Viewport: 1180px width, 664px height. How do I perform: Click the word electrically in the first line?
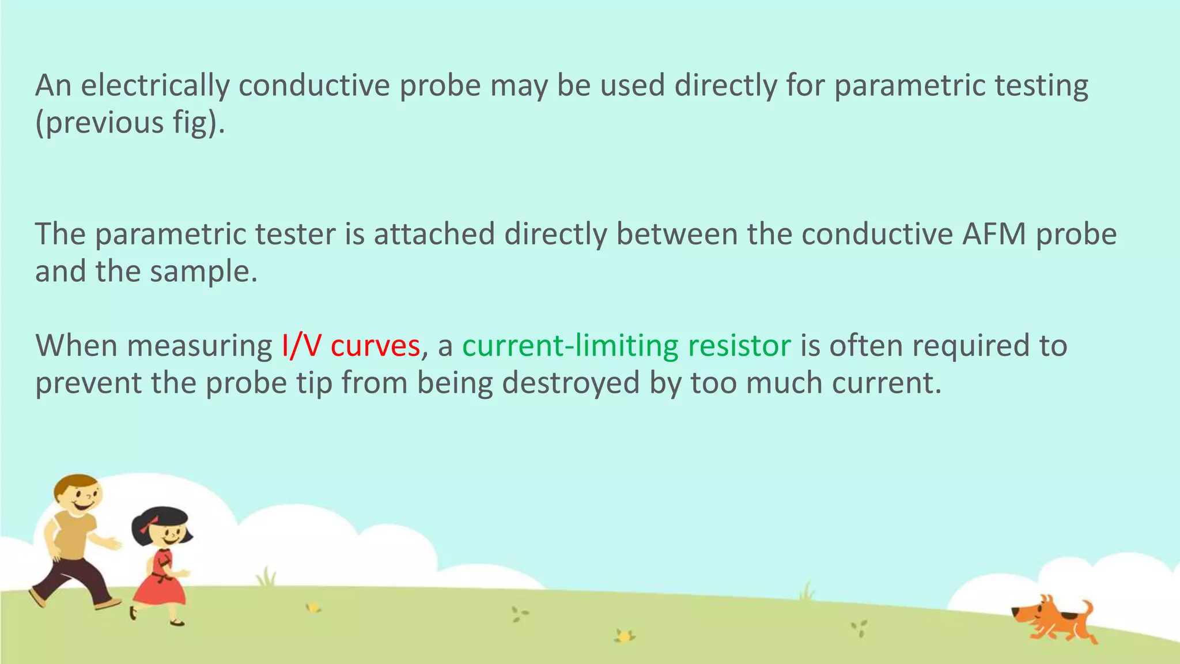pos(155,85)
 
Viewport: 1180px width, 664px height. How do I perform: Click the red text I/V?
pos(301,346)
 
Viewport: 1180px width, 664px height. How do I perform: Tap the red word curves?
pos(375,346)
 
